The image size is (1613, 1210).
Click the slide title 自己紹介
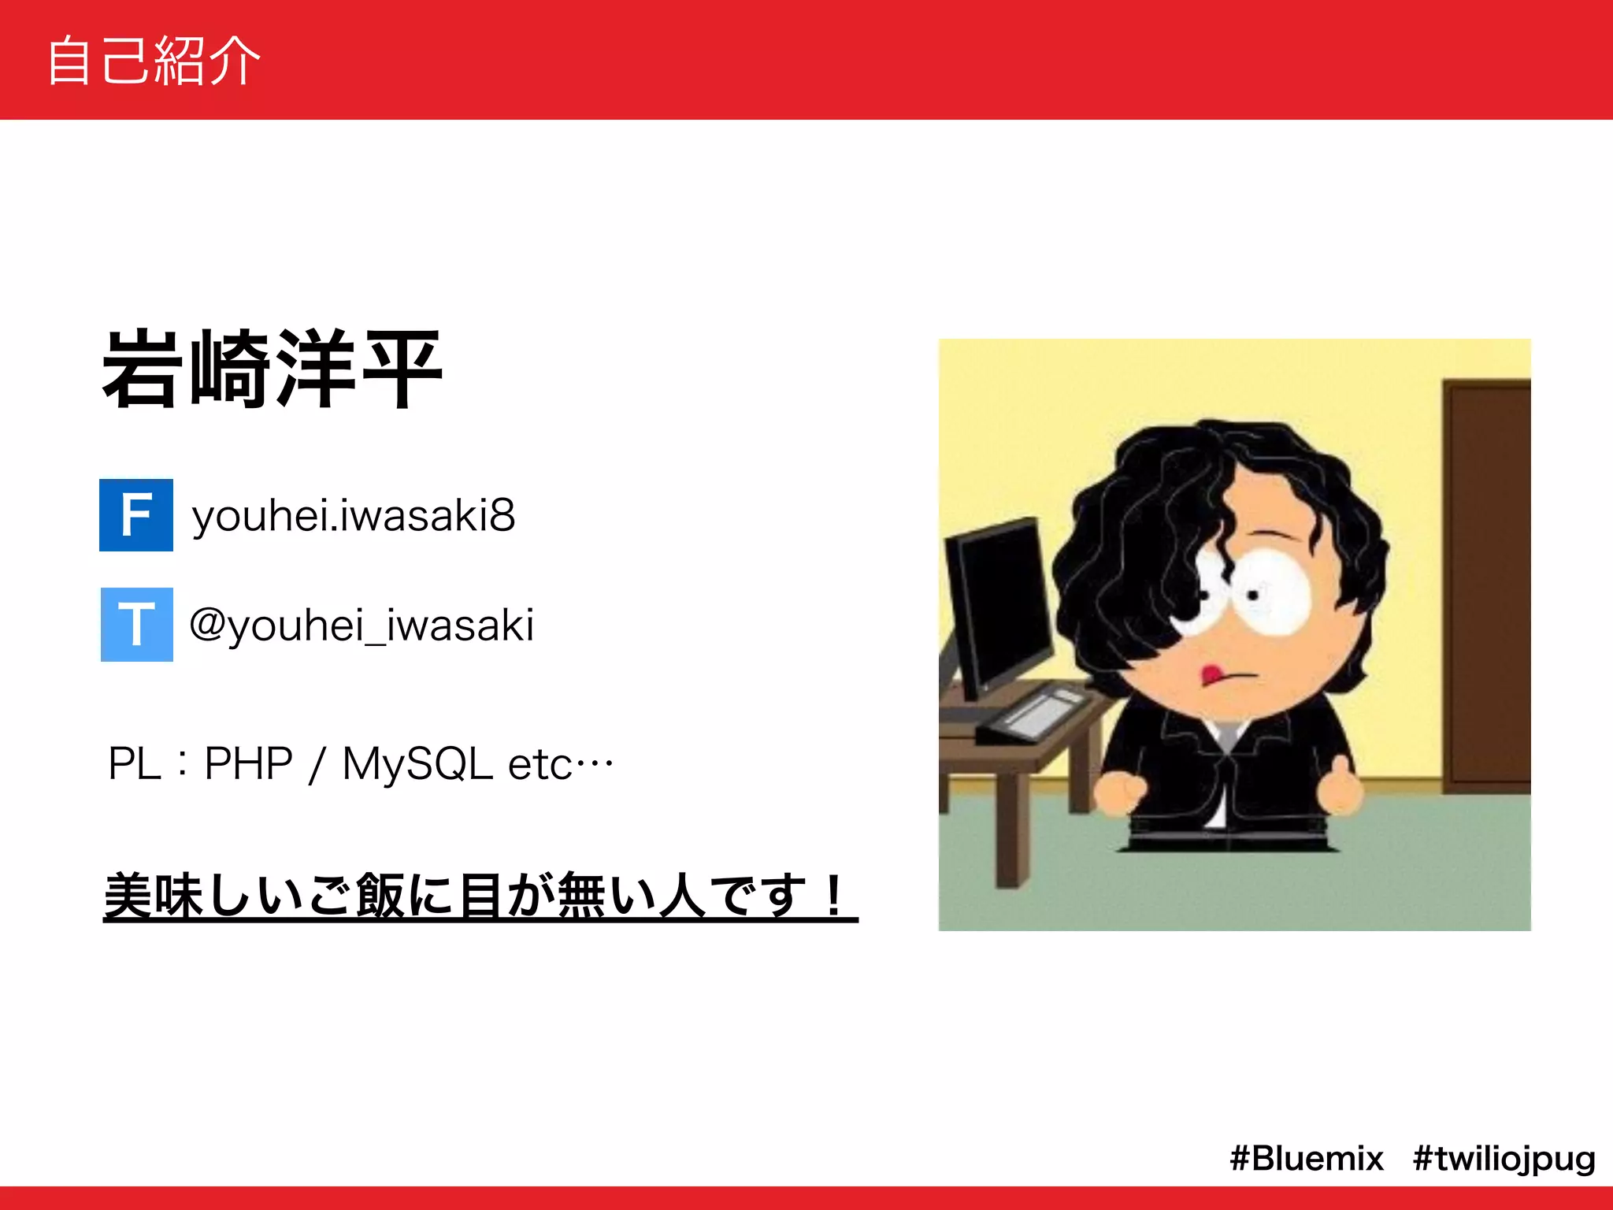[x=154, y=61]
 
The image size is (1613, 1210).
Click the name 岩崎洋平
[x=273, y=370]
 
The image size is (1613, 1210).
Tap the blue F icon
[x=136, y=515]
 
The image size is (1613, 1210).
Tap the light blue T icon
[x=137, y=625]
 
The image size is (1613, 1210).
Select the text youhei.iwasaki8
[x=354, y=516]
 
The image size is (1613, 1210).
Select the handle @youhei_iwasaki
[x=362, y=626]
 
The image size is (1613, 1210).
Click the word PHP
[x=248, y=763]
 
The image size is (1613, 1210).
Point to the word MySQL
[x=417, y=764]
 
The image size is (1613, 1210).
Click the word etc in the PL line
[x=540, y=765]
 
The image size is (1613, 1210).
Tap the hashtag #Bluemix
[x=1307, y=1159]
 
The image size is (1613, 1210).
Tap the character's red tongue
[x=1209, y=674]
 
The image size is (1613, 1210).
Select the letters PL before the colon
[x=134, y=764]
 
